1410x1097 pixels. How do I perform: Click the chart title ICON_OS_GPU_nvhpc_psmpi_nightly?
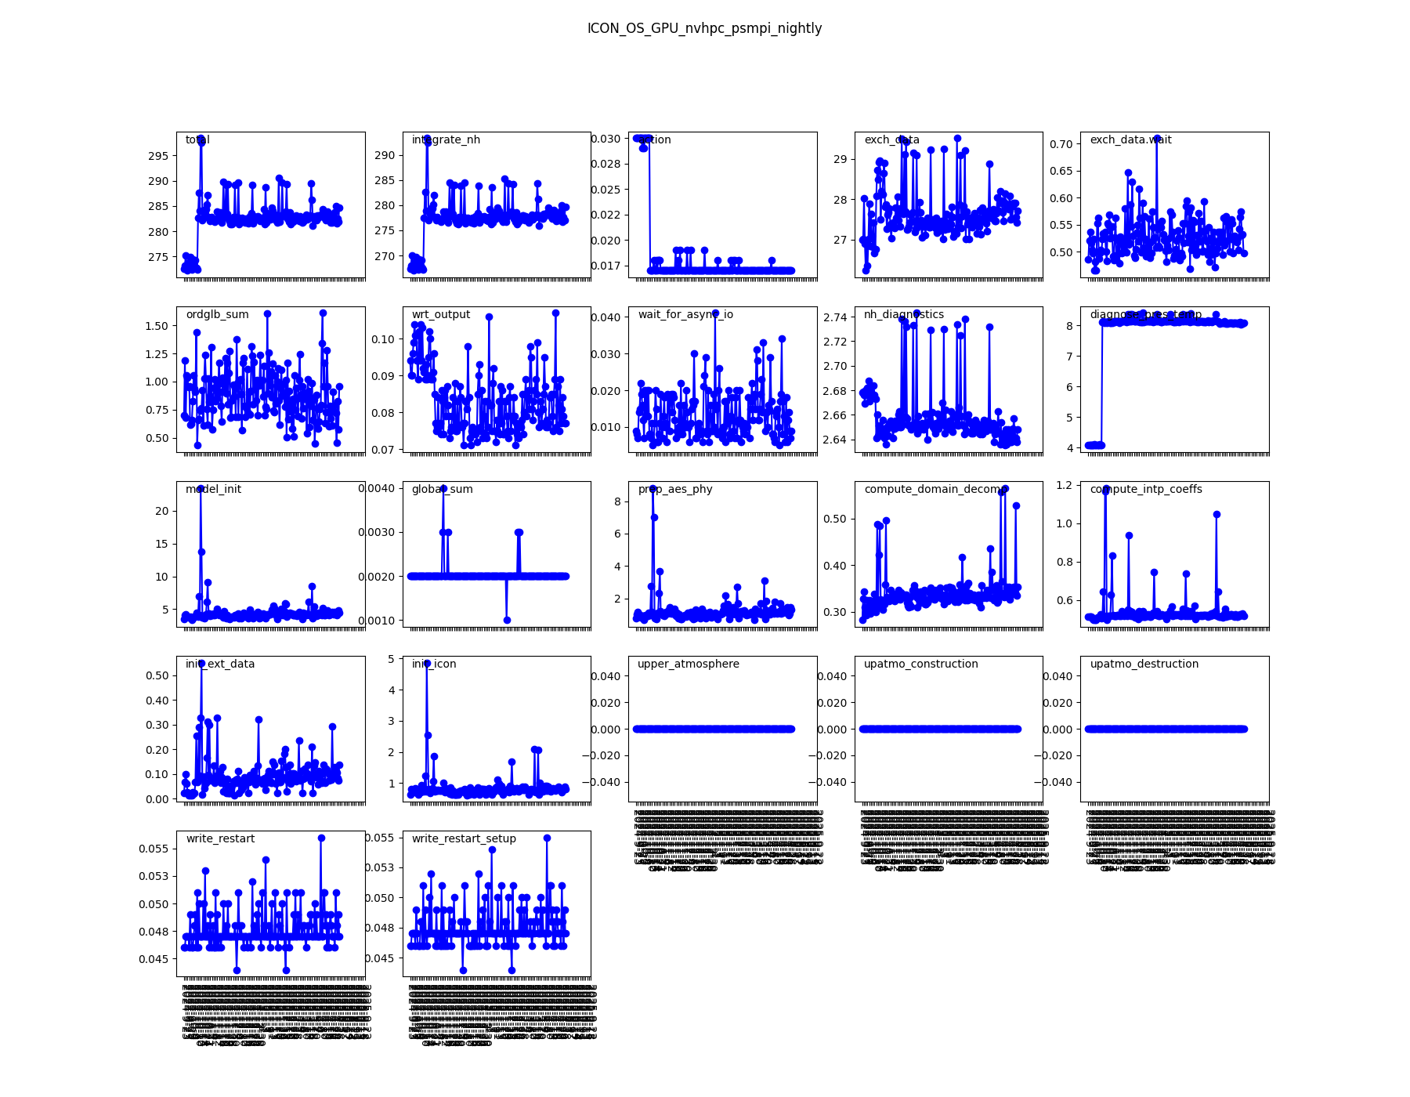704,29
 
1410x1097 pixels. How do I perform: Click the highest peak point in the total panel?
201,139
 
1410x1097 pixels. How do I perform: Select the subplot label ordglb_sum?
217,315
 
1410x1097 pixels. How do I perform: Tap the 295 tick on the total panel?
158,156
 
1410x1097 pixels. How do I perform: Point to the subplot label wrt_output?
441,315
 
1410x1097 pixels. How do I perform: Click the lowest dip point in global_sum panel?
507,620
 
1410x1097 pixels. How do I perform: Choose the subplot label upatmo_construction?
920,664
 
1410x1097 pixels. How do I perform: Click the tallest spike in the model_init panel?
201,488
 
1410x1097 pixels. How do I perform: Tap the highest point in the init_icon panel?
427,663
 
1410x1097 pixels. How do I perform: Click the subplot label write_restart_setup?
464,839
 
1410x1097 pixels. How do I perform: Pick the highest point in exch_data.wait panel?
1156,139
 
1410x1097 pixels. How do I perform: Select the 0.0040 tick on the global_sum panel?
377,488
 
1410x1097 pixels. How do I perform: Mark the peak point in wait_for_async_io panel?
715,313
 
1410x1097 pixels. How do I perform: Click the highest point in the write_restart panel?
321,838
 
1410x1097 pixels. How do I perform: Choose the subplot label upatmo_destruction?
1144,664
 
